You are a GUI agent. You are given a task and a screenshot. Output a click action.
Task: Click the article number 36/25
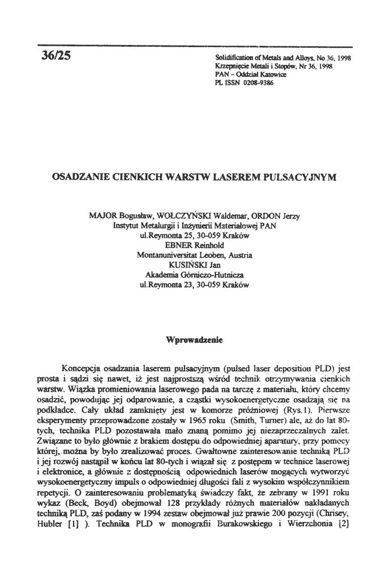coord(56,57)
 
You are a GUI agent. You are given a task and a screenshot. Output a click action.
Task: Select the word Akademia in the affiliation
coord(155,274)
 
